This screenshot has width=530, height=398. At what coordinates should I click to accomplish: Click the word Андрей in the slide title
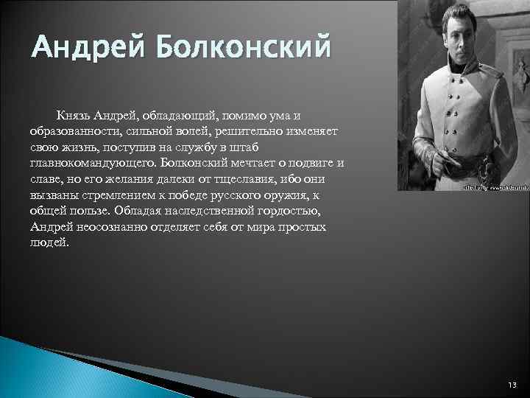pos(80,48)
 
